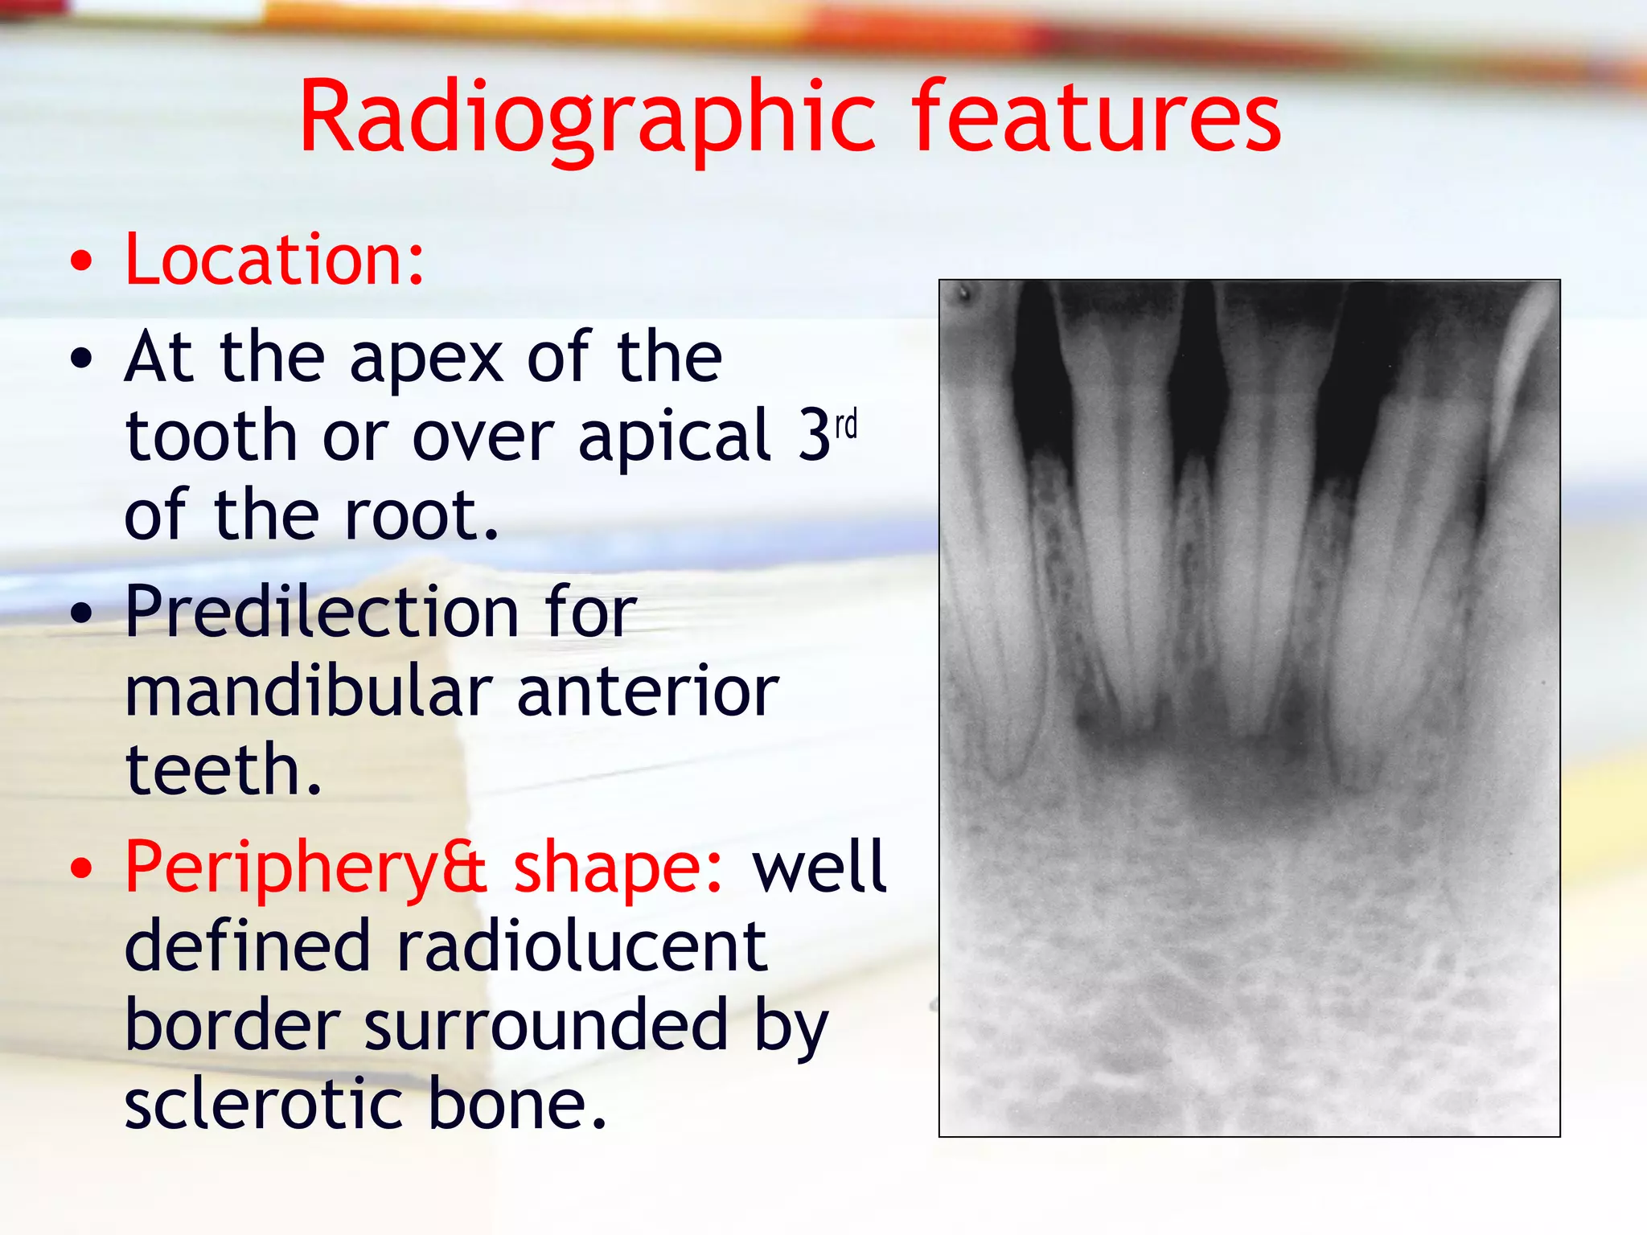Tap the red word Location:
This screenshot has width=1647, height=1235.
274,259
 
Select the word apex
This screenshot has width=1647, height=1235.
427,359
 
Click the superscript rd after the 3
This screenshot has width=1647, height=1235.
846,425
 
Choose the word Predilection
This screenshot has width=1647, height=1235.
322,613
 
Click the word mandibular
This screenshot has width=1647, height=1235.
309,692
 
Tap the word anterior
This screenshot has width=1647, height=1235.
647,692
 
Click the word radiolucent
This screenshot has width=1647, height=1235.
581,947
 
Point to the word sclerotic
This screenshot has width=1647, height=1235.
263,1105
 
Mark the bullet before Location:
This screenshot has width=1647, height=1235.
81,262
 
